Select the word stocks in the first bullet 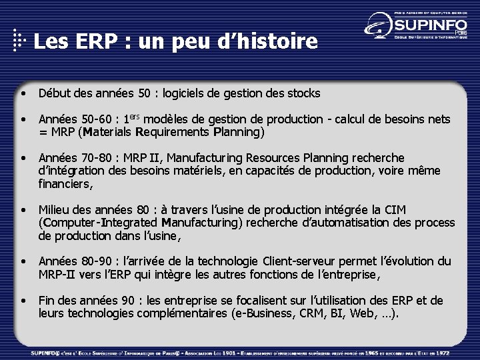pyautogui.click(x=304, y=93)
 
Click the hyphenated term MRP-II pyautogui.click(x=57, y=273)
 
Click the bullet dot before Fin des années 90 pyautogui.click(x=23, y=300)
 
